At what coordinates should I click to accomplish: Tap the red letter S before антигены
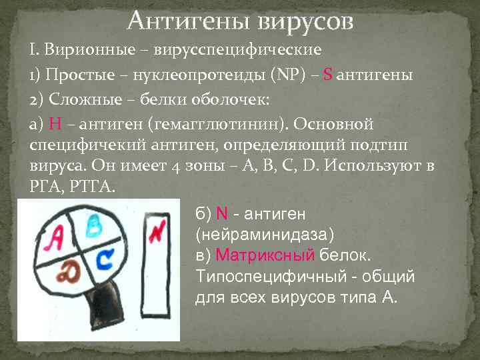(x=327, y=74)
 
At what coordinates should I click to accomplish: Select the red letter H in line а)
(x=55, y=124)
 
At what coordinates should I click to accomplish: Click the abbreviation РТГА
(x=93, y=185)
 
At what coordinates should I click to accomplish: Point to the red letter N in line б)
(x=222, y=214)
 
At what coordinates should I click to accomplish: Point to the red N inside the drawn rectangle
(x=157, y=233)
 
